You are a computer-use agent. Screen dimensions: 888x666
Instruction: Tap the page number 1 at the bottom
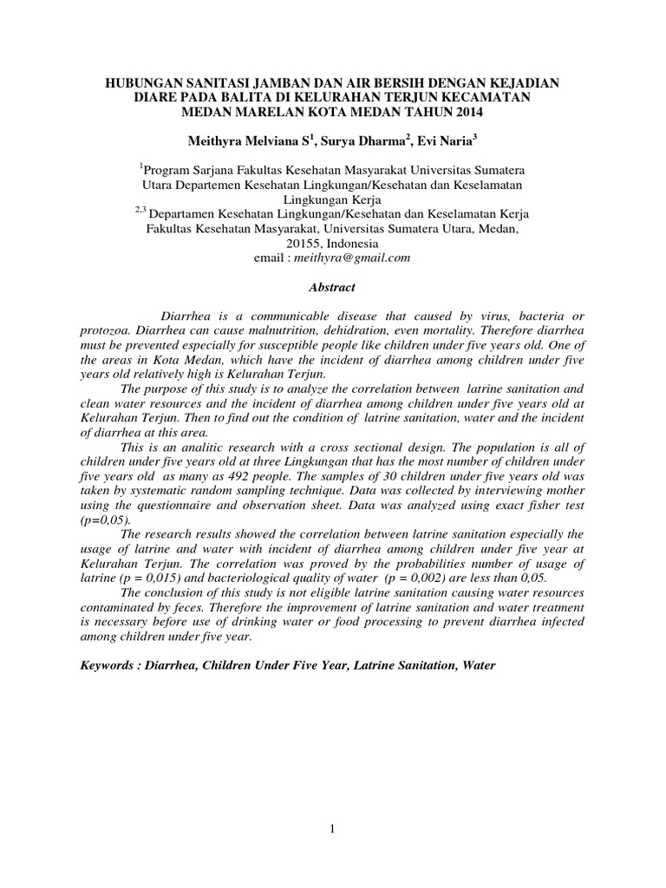pyautogui.click(x=333, y=830)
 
